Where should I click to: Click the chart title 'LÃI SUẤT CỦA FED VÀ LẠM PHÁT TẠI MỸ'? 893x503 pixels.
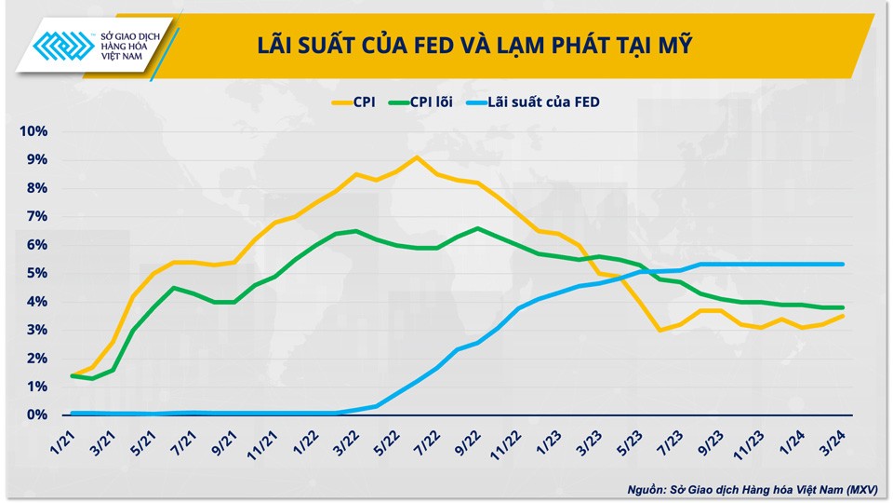pyautogui.click(x=474, y=45)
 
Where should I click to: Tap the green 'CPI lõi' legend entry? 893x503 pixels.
pyautogui.click(x=420, y=102)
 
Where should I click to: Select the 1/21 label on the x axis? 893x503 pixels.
pyautogui.click(x=63, y=438)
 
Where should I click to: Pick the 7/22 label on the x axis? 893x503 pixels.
pyautogui.click(x=427, y=438)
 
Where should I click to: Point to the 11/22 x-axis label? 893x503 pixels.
pyautogui.click(x=506, y=438)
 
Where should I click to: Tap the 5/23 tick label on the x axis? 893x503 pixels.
pyautogui.click(x=628, y=438)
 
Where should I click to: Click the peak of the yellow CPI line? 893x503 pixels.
pyautogui.click(x=417, y=156)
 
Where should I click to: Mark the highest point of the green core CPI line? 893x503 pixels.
pyautogui.click(x=477, y=228)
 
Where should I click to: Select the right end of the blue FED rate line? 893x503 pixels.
pyautogui.click(x=843, y=265)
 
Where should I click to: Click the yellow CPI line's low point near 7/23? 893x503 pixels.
pyautogui.click(x=660, y=330)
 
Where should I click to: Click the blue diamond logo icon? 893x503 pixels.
pyautogui.click(x=62, y=46)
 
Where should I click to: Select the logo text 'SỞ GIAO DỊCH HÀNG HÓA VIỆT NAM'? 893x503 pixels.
pyautogui.click(x=128, y=46)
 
